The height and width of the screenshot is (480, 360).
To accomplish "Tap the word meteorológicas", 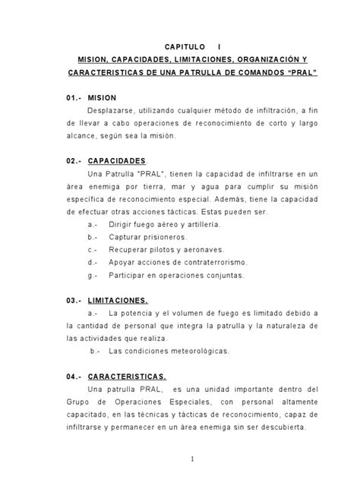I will click(187, 351).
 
